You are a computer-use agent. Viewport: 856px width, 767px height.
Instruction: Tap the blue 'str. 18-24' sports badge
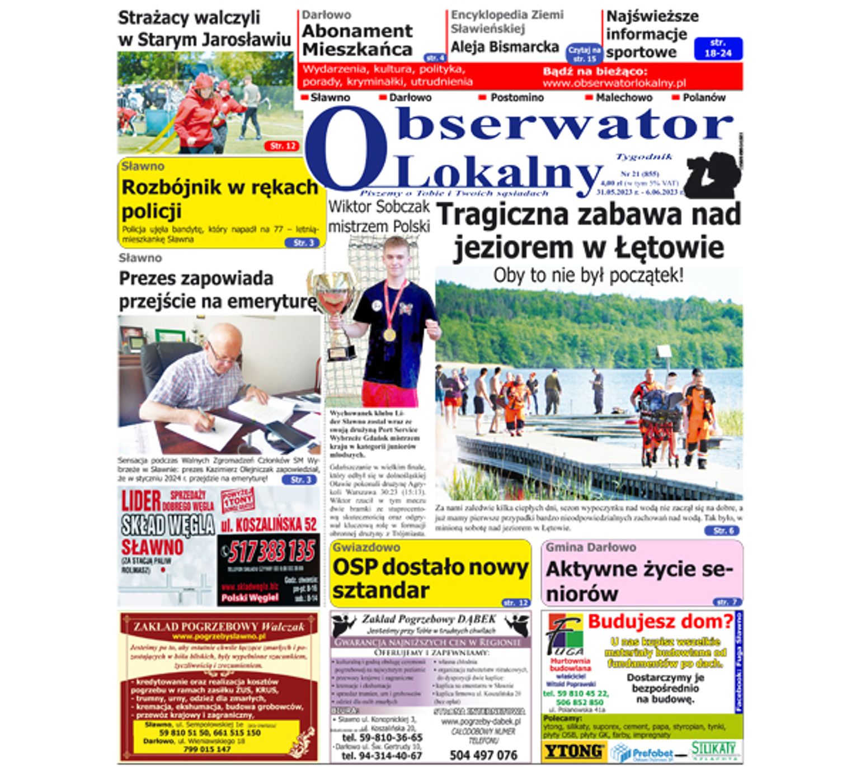click(x=718, y=48)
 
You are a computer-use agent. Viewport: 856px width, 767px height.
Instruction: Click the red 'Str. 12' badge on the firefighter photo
click(x=282, y=146)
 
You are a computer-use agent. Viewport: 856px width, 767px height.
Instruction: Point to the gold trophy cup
click(x=334, y=302)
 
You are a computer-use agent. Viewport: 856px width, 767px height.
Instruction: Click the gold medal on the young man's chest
click(x=389, y=334)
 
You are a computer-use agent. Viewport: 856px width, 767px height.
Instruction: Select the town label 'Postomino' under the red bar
click(x=516, y=97)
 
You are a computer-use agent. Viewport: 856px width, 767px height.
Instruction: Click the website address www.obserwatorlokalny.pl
click(x=614, y=83)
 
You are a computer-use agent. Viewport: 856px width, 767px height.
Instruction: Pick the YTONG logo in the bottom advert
click(x=574, y=751)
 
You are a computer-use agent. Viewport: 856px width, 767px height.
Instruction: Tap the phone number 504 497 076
click(x=483, y=755)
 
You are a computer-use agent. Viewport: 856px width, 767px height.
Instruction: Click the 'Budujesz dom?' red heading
click(x=660, y=621)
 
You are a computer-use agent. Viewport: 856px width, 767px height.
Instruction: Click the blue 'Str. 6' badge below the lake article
click(x=723, y=531)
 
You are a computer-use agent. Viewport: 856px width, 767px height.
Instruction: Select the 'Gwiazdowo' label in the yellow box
click(x=367, y=547)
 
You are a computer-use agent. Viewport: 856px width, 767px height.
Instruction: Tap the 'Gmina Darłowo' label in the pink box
click(x=591, y=547)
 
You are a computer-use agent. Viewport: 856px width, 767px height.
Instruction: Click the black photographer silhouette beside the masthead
click(x=712, y=175)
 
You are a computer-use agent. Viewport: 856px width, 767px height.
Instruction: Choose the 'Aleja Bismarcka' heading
click(x=505, y=47)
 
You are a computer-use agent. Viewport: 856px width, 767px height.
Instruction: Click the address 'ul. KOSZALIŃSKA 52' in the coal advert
click(x=269, y=525)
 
